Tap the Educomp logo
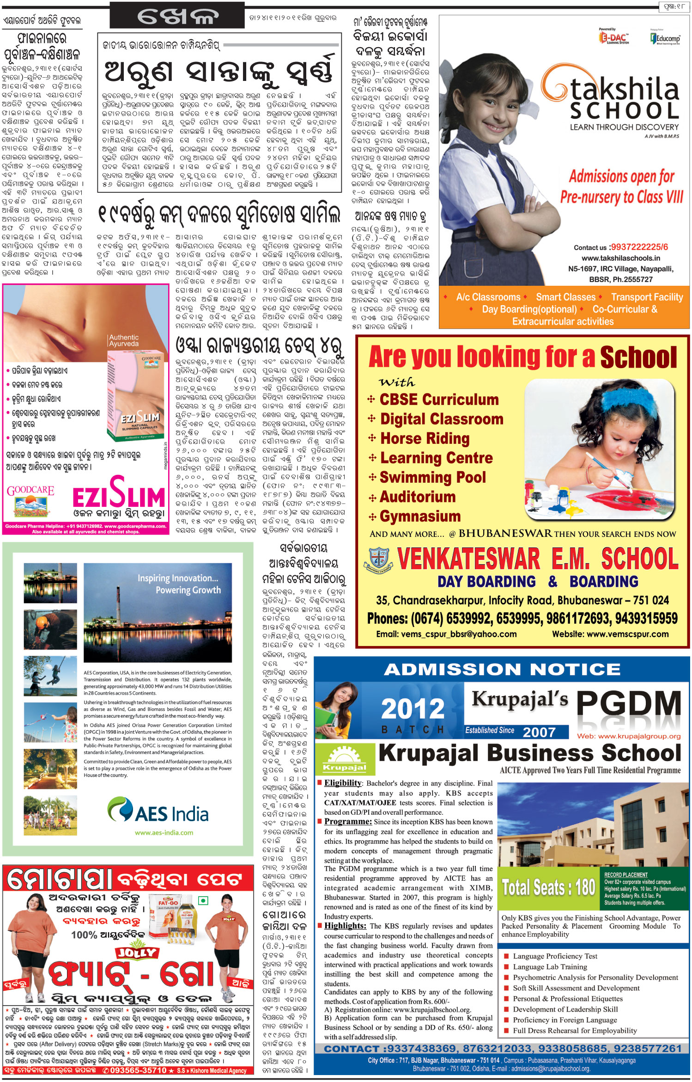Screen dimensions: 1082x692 [665, 38]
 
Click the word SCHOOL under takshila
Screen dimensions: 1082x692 [624, 111]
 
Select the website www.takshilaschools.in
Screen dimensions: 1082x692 [620, 258]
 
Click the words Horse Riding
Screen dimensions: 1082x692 [425, 438]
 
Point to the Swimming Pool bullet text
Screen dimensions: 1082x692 [432, 477]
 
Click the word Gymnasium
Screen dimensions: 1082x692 [420, 516]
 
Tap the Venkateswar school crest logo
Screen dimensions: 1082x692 [378, 559]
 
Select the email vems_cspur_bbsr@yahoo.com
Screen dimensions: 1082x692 [446, 634]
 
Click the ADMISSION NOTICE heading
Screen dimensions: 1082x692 [502, 669]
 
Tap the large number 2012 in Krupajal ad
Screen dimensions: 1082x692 [413, 709]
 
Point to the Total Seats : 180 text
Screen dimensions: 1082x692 [548, 887]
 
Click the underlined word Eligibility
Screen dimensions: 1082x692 [343, 783]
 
